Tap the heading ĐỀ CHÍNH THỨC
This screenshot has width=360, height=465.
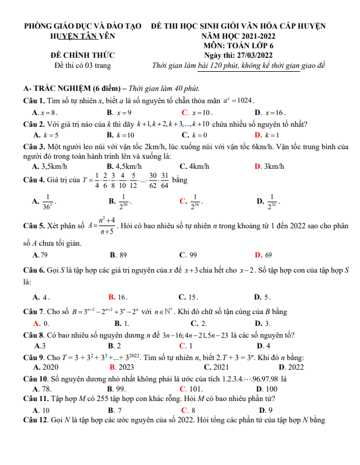click(x=82, y=55)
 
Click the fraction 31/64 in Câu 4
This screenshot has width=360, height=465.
click(x=165, y=180)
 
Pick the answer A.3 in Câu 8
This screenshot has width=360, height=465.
click(x=39, y=346)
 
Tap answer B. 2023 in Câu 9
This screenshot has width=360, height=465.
click(x=119, y=367)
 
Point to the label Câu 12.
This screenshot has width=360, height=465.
click(x=35, y=420)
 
